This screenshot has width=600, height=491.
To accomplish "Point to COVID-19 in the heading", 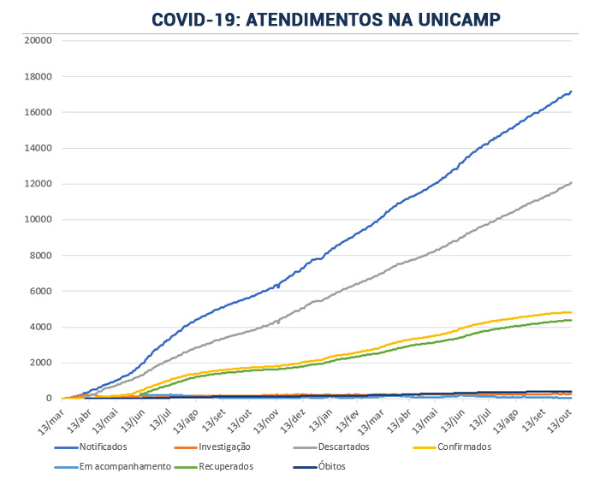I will click(194, 19).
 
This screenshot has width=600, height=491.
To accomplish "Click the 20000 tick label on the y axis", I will click(39, 40).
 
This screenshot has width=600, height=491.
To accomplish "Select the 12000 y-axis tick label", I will click(39, 184).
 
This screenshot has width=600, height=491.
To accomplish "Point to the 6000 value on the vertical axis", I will click(42, 291).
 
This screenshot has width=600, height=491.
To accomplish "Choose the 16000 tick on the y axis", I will click(39, 112).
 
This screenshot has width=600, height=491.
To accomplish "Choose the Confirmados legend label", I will click(463, 446).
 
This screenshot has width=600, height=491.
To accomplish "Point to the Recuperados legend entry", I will click(225, 466).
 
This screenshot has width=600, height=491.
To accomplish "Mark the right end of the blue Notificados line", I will click(571, 92).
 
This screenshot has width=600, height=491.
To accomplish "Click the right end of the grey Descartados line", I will click(571, 182).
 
